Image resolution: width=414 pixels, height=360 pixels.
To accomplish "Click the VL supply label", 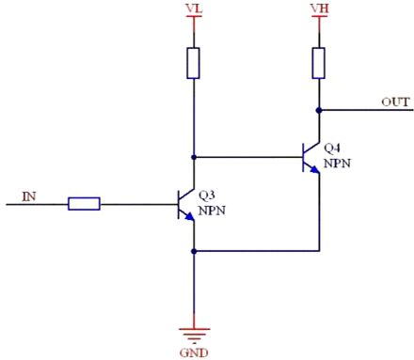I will click(193, 8).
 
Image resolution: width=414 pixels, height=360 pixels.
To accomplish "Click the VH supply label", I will click(320, 8).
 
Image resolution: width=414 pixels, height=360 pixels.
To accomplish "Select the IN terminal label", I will click(29, 196).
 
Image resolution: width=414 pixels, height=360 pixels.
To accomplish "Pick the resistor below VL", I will click(193, 64).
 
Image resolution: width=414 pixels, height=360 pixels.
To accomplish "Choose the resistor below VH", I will click(320, 64).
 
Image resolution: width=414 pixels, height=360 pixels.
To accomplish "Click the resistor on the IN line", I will click(84, 202).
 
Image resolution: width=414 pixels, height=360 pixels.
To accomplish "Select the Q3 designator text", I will click(207, 194).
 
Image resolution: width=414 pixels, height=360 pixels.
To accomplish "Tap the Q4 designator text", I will click(333, 149).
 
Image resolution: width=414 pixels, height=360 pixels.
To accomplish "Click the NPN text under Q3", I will click(211, 208).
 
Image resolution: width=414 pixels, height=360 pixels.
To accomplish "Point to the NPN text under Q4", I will click(337, 163).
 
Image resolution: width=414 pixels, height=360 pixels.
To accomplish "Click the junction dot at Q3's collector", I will click(193, 156).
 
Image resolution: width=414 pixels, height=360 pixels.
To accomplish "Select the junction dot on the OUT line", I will click(320, 110).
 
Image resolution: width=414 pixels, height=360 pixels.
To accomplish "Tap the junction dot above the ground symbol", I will click(193, 251).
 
